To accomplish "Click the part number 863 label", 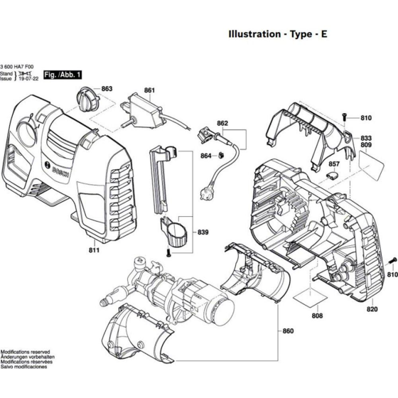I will pyautogui.click(x=107, y=89).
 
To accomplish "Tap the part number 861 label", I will pyautogui.click(x=149, y=90).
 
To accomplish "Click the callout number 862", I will pyautogui.click(x=222, y=124).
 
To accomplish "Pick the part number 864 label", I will pyautogui.click(x=205, y=156).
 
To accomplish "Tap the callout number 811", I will pyautogui.click(x=95, y=251).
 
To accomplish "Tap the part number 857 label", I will pyautogui.click(x=334, y=163).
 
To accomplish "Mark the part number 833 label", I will pyautogui.click(x=366, y=138).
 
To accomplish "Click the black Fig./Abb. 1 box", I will pyautogui.click(x=63, y=74).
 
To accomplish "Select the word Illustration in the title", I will pyautogui.click(x=253, y=33).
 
